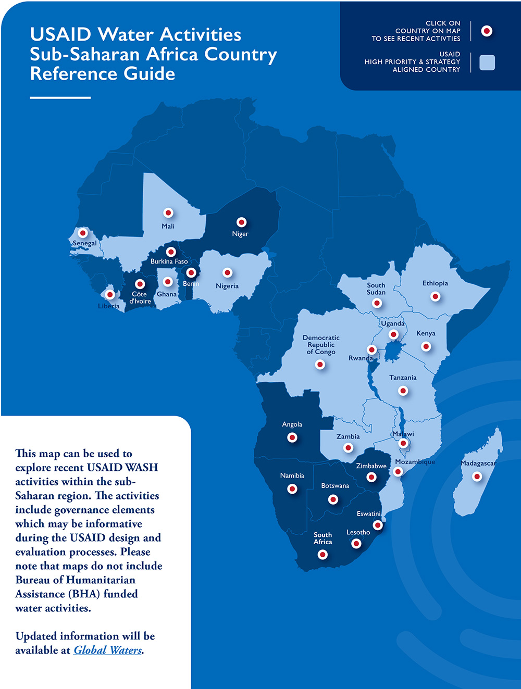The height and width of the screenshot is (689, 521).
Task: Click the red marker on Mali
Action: (x=168, y=213)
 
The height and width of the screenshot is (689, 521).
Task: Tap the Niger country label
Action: (x=240, y=234)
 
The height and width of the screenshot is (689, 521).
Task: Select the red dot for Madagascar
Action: (x=477, y=477)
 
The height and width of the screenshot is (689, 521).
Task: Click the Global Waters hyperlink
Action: (x=107, y=650)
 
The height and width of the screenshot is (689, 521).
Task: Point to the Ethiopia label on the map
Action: (x=435, y=283)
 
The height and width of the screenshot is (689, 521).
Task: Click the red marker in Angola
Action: (x=292, y=437)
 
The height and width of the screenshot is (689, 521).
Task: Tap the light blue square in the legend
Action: (x=487, y=62)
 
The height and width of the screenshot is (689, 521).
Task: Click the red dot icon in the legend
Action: (x=487, y=31)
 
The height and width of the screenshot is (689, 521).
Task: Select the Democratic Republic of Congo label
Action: (x=321, y=345)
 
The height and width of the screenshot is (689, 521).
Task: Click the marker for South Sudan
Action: (x=377, y=303)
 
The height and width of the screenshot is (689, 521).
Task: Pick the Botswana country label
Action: (x=335, y=486)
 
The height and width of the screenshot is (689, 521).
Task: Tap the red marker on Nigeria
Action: (x=227, y=273)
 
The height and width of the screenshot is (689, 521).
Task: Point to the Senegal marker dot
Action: (x=82, y=233)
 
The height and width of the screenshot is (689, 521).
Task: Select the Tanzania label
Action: (x=403, y=378)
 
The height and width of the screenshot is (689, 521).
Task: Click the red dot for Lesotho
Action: (x=356, y=544)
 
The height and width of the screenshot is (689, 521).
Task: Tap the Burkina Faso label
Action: (x=169, y=261)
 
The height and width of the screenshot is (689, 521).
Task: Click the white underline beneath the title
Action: (x=60, y=97)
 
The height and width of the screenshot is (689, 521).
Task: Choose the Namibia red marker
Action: (x=292, y=489)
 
